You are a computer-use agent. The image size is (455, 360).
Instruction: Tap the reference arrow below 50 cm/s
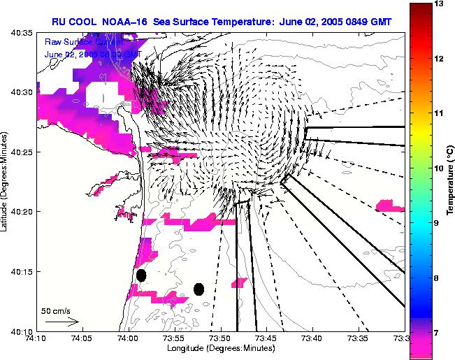click(x=62, y=322)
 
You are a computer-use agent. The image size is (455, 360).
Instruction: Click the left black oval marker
click(x=141, y=275)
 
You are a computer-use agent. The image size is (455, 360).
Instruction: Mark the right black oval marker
click(x=199, y=289)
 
